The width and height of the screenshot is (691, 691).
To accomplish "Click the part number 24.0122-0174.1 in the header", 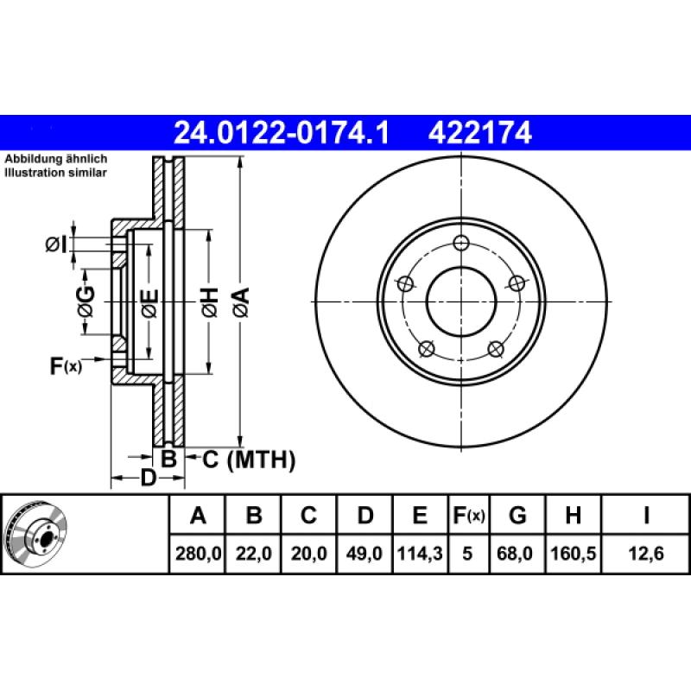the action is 282,133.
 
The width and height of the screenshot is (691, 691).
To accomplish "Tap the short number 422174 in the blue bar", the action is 480,133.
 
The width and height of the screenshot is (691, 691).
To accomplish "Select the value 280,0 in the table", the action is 198,553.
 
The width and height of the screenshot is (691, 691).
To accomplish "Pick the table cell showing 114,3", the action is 420,553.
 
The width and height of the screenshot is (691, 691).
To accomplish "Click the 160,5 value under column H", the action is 573,553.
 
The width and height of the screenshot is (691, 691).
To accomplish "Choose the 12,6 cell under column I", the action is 645,553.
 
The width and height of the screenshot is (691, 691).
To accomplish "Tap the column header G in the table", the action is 517,515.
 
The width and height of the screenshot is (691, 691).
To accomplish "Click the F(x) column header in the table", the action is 469,515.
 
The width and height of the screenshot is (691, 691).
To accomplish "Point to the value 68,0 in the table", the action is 514,553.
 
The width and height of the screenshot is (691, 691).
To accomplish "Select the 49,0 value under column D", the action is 364,553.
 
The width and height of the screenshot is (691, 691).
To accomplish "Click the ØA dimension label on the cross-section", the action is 242,302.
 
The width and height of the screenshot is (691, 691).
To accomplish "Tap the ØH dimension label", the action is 210,302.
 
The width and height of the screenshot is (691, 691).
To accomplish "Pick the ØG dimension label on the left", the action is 86,302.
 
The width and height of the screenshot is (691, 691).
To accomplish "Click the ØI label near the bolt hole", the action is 56,244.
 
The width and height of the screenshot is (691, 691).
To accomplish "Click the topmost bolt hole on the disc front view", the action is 461,243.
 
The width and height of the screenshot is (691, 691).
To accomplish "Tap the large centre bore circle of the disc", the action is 461,301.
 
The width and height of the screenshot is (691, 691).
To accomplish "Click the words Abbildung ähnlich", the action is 56,159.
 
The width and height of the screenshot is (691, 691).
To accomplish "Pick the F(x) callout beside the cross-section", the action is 66,365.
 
